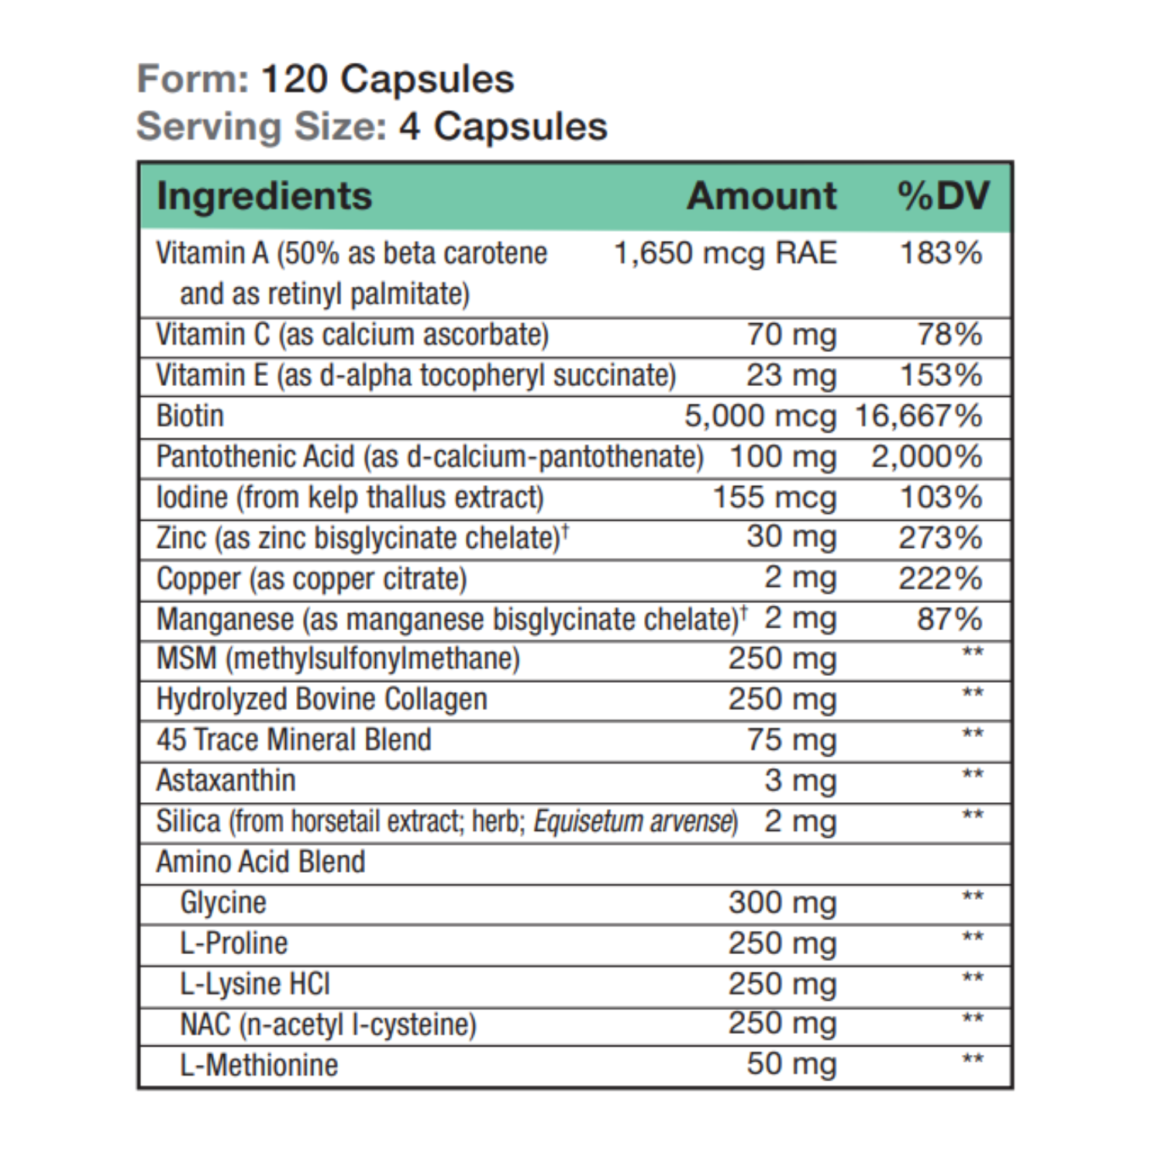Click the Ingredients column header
264,195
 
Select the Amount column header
761,195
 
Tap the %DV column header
943,195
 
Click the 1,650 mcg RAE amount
725,253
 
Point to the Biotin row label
190,416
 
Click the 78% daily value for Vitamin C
949,335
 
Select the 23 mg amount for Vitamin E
791,375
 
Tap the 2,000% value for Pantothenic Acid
926,457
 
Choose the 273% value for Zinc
939,538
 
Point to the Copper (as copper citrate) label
312,579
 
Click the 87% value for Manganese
949,619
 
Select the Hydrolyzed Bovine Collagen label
322,699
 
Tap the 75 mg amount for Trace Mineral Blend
791,739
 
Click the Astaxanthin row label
226,781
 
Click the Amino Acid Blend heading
260,862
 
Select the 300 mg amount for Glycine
781,902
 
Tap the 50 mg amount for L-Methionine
791,1064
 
